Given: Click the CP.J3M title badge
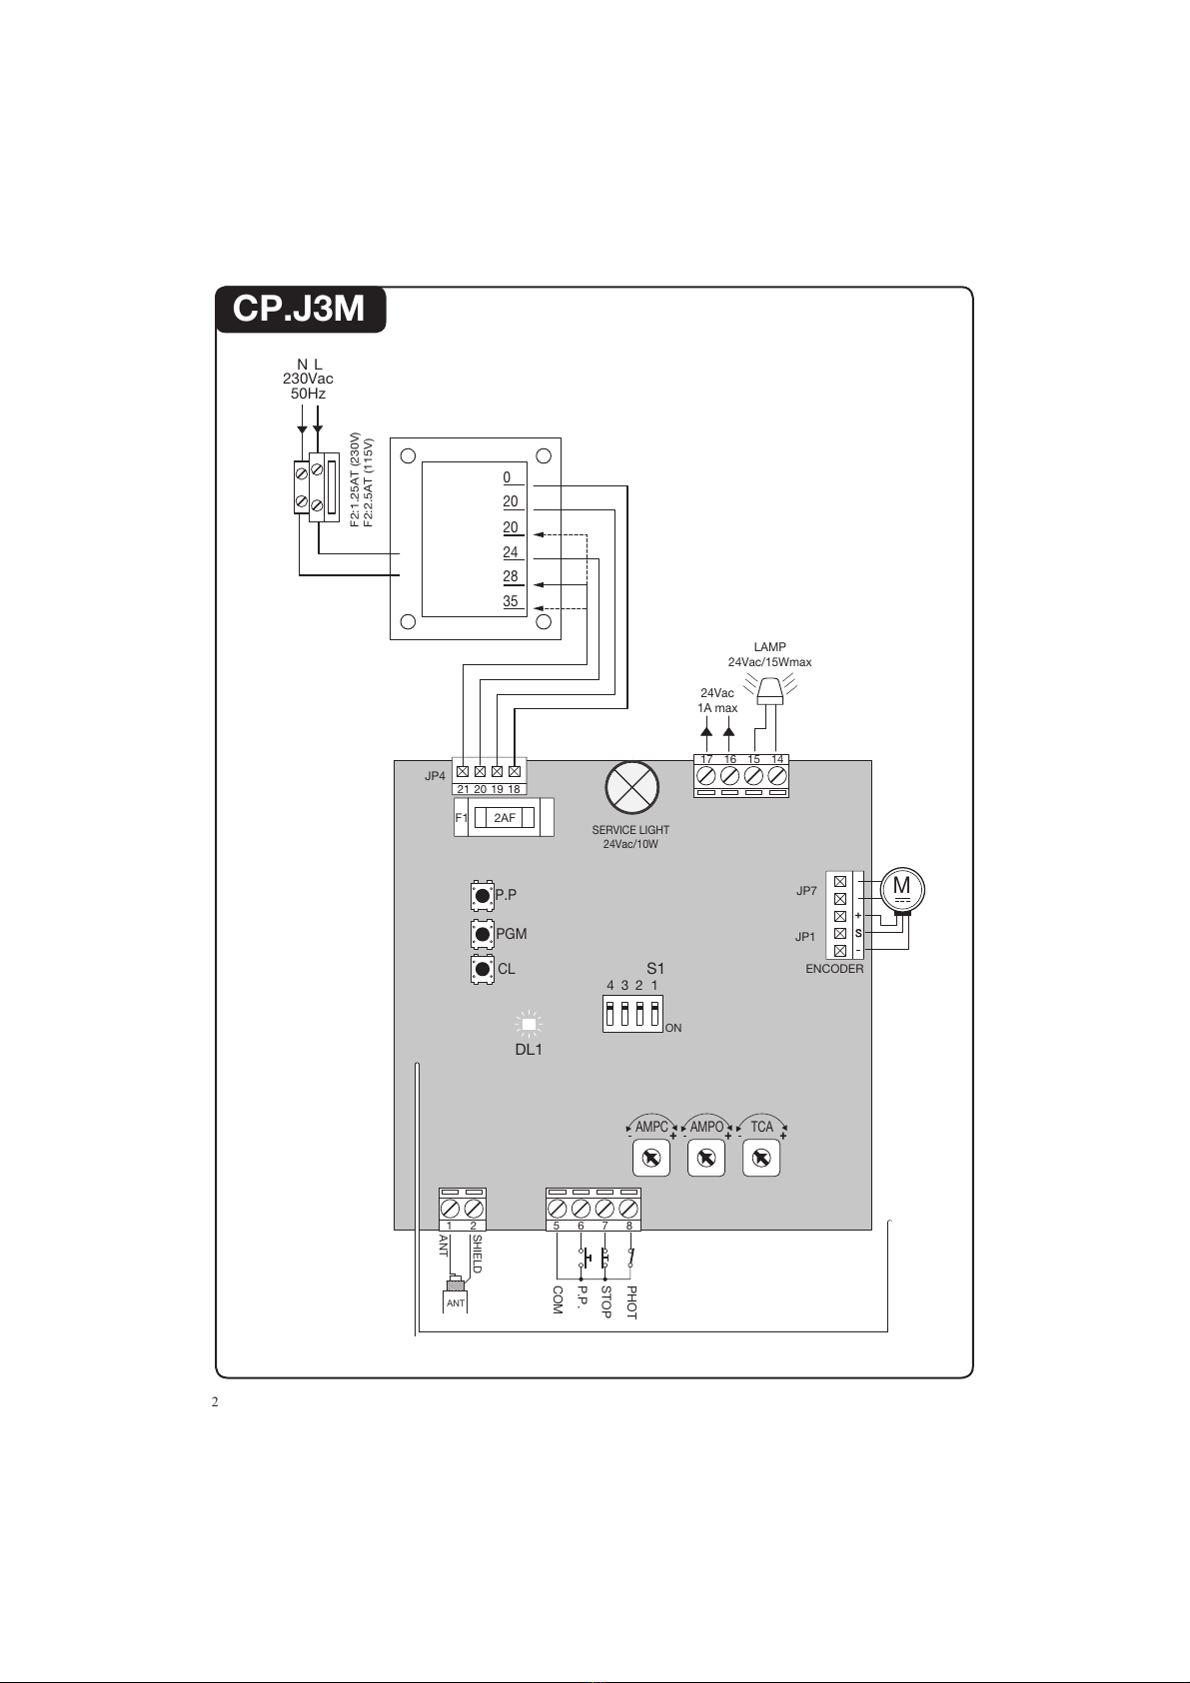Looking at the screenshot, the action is (301, 309).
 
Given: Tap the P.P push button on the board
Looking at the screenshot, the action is (483, 895).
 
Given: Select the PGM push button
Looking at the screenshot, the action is (483, 934).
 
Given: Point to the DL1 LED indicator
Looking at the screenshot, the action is (529, 1024).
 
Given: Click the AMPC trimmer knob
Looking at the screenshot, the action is (651, 1158).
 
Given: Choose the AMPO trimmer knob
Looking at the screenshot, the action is (706, 1158).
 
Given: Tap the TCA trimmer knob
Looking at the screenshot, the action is (760, 1158).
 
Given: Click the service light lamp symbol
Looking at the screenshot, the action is (632, 787).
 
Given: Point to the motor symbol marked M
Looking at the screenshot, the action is (901, 890).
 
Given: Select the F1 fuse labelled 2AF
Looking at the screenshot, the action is (505, 817).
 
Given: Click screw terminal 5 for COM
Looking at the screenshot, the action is (558, 1209).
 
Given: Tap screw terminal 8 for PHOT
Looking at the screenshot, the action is (628, 1209).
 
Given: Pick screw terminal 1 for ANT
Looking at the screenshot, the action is (450, 1209).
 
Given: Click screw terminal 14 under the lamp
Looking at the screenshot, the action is (777, 776).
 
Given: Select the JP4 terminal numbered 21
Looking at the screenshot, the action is (463, 772).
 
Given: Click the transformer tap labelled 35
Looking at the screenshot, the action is (511, 601).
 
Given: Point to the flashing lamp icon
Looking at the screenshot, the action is (769, 690).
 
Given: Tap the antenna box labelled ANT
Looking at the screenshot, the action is (456, 1302).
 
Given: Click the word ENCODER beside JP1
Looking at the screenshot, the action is (834, 969).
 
